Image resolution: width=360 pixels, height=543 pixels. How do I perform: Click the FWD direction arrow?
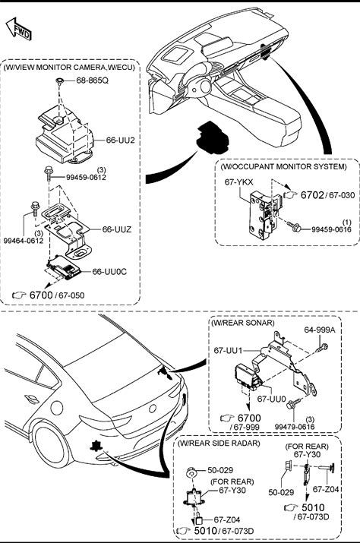click(18, 29)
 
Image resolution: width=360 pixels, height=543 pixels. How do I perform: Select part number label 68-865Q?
click(92, 81)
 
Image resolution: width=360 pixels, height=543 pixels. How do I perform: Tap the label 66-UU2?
click(120, 140)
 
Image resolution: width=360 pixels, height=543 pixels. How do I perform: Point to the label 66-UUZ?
click(117, 229)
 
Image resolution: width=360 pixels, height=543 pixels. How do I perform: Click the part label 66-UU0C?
click(109, 272)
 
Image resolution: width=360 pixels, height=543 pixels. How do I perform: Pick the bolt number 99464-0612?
click(24, 241)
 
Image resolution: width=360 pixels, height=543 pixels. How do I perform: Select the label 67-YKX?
click(238, 182)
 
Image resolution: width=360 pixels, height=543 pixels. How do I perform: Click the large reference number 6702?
click(312, 195)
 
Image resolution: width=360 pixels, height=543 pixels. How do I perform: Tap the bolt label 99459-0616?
click(331, 229)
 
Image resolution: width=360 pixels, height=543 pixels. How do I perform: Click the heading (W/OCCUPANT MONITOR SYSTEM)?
click(283, 166)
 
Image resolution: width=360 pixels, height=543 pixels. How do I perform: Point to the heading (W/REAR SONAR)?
click(243, 323)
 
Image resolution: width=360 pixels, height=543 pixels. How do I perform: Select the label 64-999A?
click(320, 330)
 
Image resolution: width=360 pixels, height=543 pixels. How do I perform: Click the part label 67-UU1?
click(228, 350)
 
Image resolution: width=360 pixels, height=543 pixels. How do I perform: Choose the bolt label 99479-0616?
click(295, 427)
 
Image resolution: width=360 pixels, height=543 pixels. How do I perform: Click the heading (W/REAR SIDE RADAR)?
click(218, 443)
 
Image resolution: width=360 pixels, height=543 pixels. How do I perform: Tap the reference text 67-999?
click(246, 428)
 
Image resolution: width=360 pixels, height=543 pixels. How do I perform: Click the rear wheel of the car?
click(49, 447)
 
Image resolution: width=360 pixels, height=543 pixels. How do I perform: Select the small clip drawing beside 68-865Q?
click(60, 81)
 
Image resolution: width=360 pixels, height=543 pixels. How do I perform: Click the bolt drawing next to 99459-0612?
click(48, 173)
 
